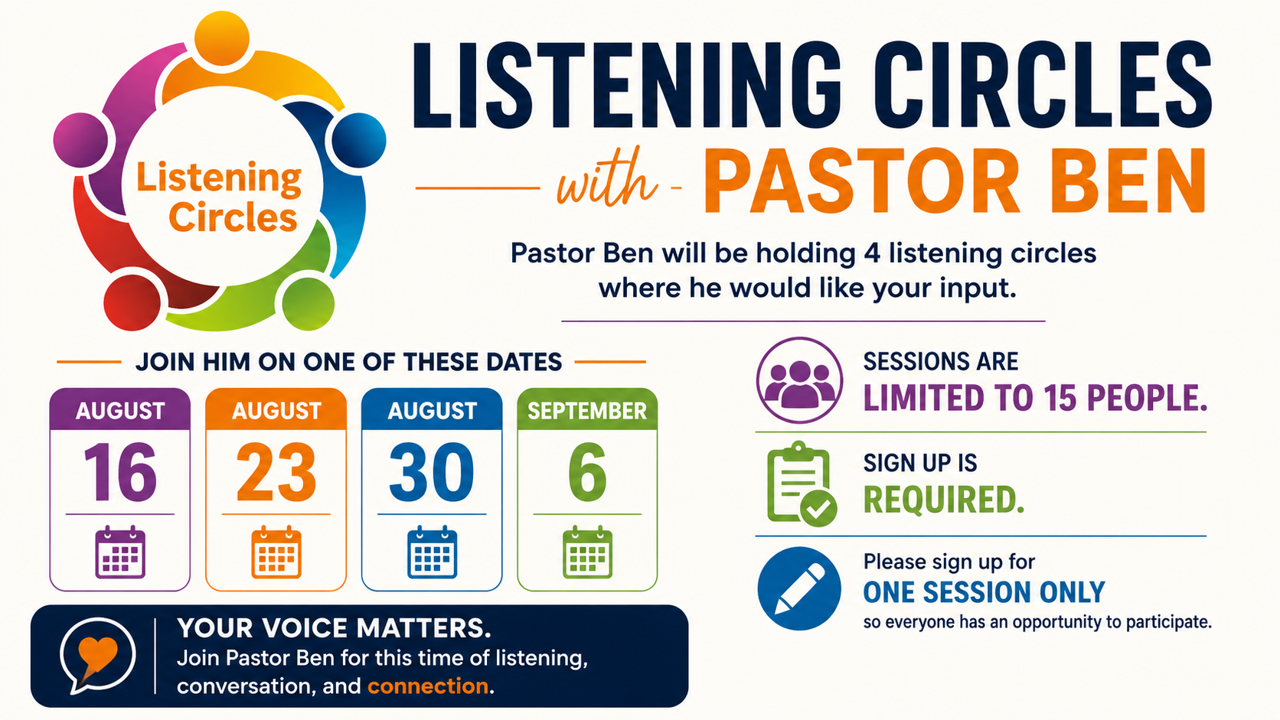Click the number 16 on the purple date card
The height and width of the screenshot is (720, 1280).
(x=120, y=472)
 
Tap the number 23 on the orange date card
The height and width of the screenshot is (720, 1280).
(x=276, y=472)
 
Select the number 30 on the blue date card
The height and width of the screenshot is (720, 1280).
(x=432, y=472)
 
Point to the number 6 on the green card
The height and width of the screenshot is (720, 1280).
(x=587, y=472)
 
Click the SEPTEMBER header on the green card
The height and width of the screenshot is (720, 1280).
(x=587, y=411)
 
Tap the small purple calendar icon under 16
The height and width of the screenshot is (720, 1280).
(x=120, y=552)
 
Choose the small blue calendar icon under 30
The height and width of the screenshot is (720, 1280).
(x=432, y=552)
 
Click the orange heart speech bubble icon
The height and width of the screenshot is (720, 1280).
(x=98, y=656)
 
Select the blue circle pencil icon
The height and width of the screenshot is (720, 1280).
(x=799, y=588)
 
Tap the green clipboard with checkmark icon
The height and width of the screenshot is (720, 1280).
(x=801, y=484)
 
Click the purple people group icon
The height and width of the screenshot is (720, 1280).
(x=799, y=380)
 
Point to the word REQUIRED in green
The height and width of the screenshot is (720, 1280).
(x=943, y=500)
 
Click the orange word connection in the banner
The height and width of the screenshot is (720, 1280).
(x=427, y=686)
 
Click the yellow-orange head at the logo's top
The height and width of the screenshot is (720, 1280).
(x=222, y=38)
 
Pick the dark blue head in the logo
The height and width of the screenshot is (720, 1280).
(x=359, y=141)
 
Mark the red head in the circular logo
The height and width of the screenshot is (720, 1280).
(x=132, y=303)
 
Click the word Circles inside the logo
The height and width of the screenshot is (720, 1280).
(x=233, y=218)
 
